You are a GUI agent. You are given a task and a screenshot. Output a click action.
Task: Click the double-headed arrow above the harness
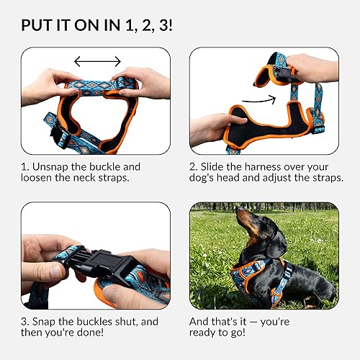97,62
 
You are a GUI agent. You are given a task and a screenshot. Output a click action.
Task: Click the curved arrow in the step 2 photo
260,99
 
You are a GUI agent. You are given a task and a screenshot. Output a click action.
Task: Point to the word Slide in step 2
217,166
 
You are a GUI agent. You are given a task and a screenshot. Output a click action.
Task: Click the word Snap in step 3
48,320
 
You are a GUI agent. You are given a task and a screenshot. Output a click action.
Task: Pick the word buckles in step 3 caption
96,320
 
